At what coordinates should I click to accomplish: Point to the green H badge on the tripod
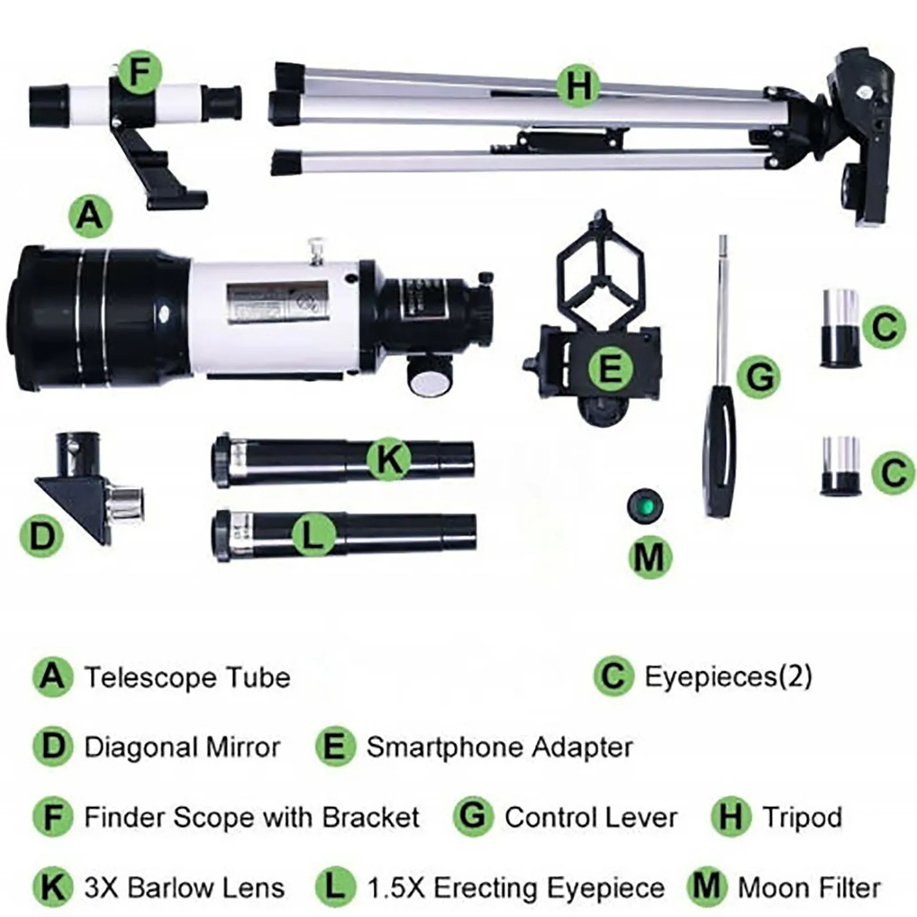579,86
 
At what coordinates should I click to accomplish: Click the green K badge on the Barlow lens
389,458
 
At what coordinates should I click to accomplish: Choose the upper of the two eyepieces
840,328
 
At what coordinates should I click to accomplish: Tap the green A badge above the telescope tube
90,216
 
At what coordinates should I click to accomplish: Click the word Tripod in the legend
802,817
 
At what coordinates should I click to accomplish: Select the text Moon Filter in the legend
809,888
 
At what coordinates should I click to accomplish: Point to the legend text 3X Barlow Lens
184,888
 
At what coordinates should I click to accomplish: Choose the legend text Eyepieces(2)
728,677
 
